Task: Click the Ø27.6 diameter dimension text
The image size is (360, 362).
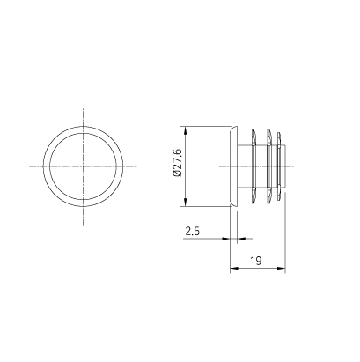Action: coord(177,166)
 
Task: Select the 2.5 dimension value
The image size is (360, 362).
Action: coord(192,232)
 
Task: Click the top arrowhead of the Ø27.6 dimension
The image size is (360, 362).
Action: coord(184,127)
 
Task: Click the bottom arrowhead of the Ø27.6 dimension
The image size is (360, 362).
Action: coord(184,205)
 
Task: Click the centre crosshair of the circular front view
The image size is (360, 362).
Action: coord(84,166)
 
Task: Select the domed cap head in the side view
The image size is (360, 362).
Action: coord(230,166)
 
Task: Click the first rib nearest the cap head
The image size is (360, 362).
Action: coord(253,166)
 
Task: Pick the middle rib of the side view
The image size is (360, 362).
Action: coord(268,166)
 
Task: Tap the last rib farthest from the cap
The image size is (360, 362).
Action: coord(281,166)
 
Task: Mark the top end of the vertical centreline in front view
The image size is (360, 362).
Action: coord(84,107)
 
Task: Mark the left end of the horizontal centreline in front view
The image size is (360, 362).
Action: coord(27,166)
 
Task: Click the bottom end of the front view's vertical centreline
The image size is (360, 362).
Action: coord(84,224)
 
